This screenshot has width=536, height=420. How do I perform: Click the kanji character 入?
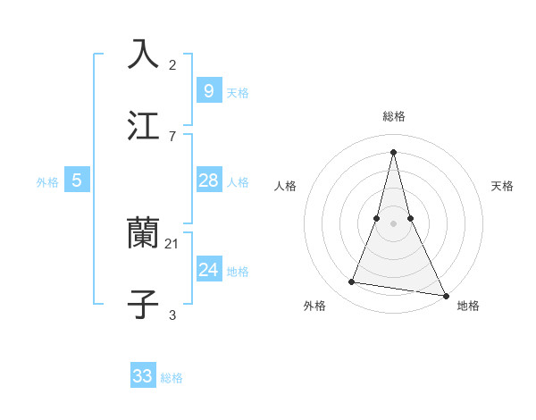pos(143,54)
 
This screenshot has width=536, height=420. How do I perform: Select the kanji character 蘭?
pos(143,233)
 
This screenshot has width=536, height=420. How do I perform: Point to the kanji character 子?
pos(143,304)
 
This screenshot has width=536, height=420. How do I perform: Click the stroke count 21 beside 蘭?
pos(172,244)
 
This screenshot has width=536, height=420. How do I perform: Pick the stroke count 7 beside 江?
pos(172,136)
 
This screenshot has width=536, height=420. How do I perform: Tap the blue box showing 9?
pos(208,90)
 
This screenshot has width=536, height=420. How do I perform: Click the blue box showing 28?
pos(208,181)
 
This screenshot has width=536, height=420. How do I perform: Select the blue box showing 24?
pos(208,270)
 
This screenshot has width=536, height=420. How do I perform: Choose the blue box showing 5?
pos(77,181)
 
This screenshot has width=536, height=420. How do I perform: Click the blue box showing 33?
pos(143,376)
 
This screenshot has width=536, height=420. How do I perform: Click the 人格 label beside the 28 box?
pos(238,182)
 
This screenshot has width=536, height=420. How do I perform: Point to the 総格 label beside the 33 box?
pos(172,378)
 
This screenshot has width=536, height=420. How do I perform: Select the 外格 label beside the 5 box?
pos(47,182)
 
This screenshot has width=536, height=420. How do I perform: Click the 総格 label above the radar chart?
pos(393,116)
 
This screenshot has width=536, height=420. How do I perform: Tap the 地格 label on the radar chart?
pos(468,307)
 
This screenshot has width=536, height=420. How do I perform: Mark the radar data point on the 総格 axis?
pos(393,151)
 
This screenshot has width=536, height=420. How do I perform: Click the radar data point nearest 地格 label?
pos(445,295)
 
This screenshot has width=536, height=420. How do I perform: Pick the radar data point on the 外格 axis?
pos(352,282)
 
